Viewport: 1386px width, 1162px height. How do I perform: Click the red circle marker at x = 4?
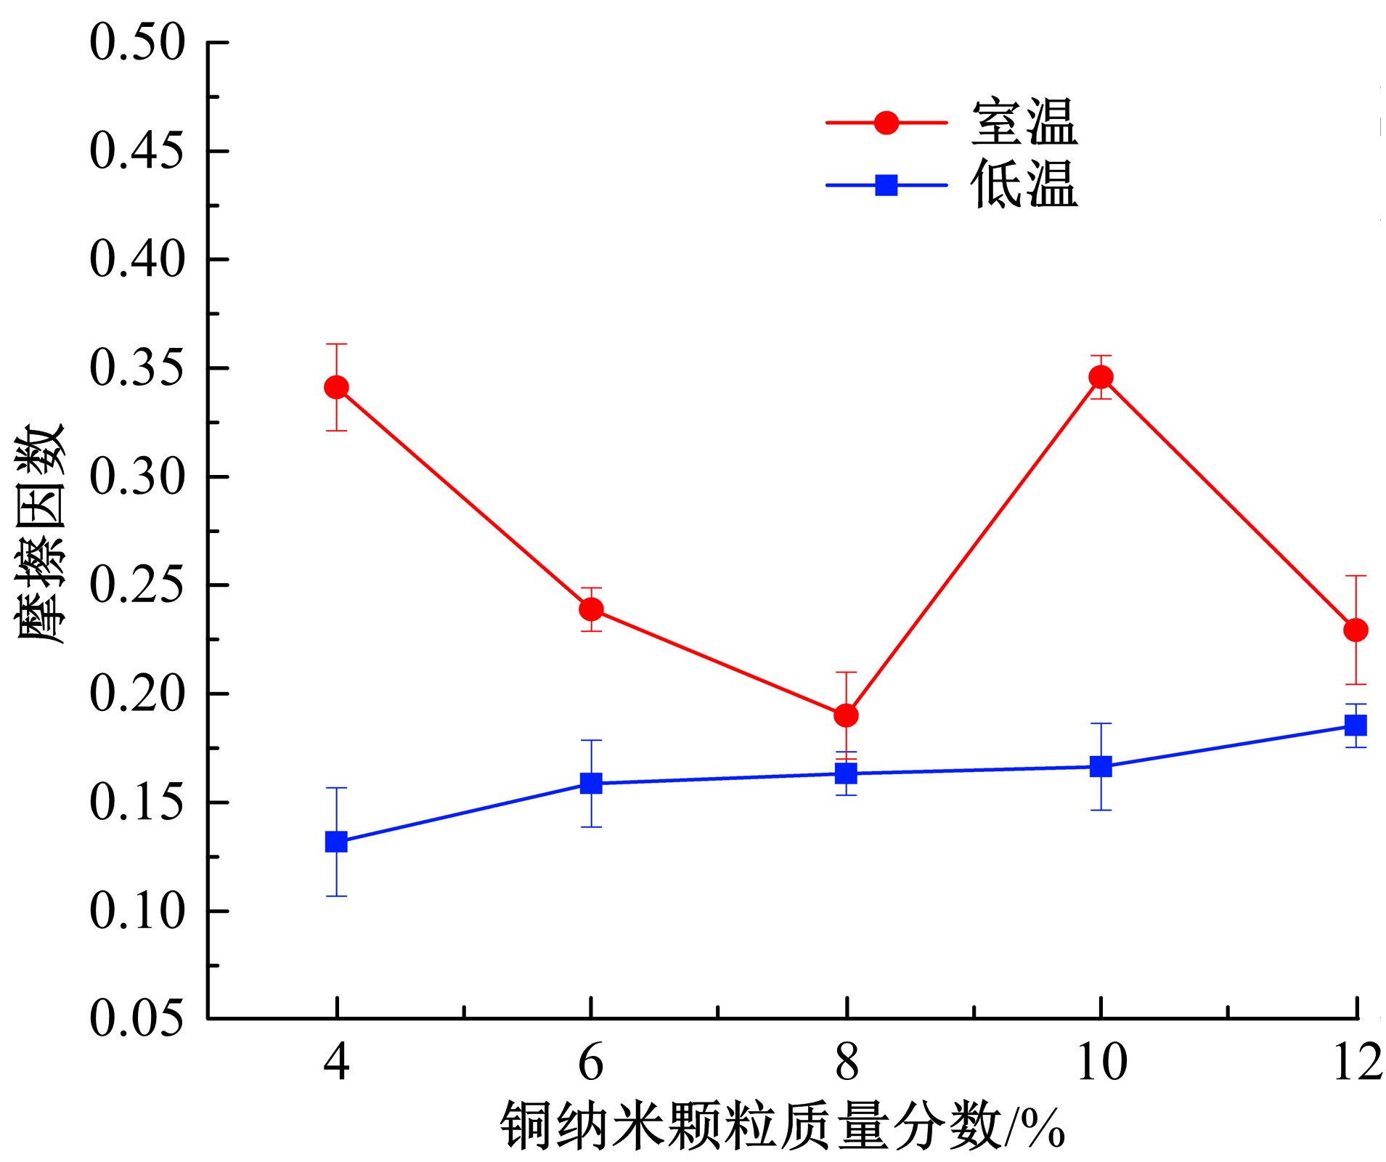336,387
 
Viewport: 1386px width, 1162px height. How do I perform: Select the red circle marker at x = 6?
591,609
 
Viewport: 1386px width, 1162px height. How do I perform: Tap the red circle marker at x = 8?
846,715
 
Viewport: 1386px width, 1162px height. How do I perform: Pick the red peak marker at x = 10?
1101,377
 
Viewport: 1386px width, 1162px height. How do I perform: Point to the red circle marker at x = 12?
1356,630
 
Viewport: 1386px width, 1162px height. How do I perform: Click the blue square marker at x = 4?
336,842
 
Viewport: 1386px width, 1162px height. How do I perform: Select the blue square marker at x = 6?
591,783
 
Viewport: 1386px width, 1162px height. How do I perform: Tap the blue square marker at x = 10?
1101,766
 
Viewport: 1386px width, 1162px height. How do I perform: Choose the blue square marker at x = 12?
1356,725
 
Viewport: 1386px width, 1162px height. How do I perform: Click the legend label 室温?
1024,122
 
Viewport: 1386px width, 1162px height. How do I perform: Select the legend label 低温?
1024,184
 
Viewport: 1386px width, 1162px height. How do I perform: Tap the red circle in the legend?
886,123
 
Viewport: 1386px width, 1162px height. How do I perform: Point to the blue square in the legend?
886,185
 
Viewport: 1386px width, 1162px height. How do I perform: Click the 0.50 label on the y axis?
137,42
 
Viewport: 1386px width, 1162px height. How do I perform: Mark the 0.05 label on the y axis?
137,1017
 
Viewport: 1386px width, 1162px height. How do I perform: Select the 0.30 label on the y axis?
137,476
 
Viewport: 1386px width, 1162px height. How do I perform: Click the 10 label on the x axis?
1101,1063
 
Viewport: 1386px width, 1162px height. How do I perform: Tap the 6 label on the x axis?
591,1063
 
